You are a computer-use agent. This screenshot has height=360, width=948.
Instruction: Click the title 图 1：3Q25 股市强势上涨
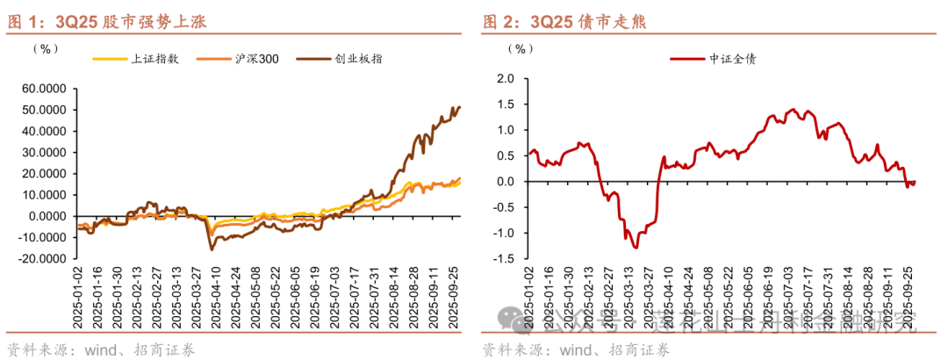(x=105, y=22)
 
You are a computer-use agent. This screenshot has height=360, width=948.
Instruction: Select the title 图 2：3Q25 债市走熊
(x=563, y=22)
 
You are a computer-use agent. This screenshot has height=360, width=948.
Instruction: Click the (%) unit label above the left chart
(x=44, y=48)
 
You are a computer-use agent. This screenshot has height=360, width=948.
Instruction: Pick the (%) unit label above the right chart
(x=521, y=48)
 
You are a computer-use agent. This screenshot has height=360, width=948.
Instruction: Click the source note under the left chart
(x=101, y=349)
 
